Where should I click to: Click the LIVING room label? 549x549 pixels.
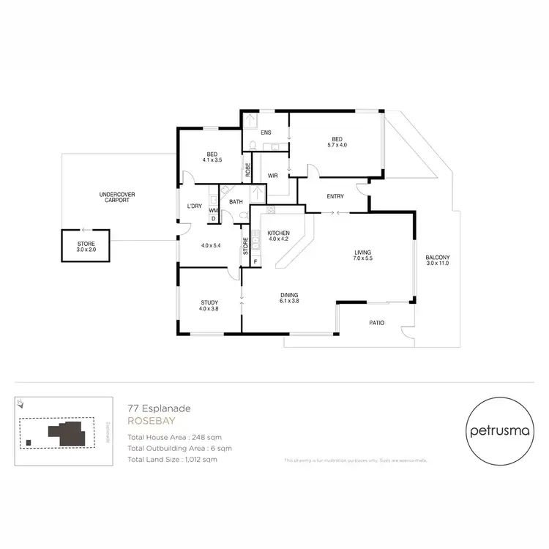363,253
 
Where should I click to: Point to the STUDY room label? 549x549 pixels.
209,303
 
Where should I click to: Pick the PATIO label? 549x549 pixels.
376,323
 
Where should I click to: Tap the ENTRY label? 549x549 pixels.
335,196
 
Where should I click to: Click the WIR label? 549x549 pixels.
272,176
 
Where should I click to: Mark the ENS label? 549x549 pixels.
266,132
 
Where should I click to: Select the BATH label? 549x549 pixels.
236,201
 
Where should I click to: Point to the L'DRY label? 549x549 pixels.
194,206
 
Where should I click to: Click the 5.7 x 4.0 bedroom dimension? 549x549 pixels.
337,145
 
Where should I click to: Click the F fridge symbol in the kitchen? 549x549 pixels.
255,261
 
